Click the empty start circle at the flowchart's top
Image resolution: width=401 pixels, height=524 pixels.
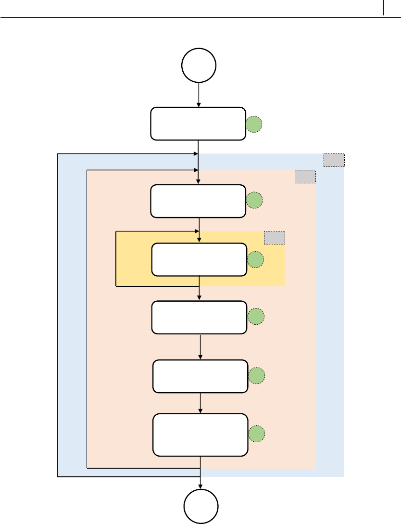199,65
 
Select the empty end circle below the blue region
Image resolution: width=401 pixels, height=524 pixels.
201,506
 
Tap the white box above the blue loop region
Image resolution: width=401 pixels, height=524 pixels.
198,124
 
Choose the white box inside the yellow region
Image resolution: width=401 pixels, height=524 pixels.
199,260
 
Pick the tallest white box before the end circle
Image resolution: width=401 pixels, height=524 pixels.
200,434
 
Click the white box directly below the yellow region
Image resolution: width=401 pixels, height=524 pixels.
199,318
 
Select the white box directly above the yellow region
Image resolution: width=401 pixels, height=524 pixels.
198,201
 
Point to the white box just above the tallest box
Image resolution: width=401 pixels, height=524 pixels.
200,376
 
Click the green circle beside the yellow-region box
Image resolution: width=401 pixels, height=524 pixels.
256,260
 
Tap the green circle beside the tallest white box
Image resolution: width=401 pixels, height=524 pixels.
257,434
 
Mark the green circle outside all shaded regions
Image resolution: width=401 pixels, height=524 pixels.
254,125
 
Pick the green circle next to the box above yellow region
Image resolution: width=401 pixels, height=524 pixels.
254,201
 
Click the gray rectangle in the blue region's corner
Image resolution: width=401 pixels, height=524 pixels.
334,160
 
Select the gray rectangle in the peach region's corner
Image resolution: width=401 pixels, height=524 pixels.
305,177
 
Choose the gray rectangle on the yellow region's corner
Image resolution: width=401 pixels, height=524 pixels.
275,237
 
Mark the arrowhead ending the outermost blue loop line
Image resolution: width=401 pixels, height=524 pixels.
196,154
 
